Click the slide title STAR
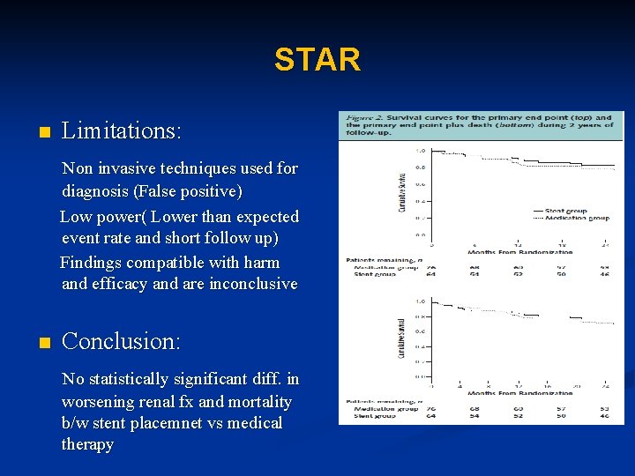click(x=317, y=60)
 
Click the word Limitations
click(x=122, y=131)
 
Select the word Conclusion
click(x=121, y=341)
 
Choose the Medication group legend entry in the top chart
click(x=579, y=218)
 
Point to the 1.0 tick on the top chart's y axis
click(x=422, y=151)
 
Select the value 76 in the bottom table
click(x=431, y=408)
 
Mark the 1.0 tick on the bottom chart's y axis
click(x=422, y=301)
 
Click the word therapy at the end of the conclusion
click(x=87, y=444)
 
